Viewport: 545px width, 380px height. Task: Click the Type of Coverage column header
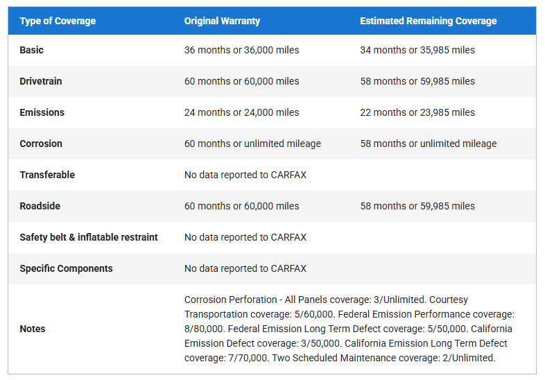click(58, 21)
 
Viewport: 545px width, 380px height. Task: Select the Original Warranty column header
click(222, 21)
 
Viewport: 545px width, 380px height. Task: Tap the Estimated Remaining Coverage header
click(428, 21)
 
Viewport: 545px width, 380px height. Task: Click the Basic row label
click(32, 50)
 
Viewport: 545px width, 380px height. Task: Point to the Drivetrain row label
click(41, 81)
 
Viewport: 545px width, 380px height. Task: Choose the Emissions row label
click(42, 112)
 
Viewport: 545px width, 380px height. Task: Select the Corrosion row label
click(41, 144)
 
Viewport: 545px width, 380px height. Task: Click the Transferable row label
click(47, 175)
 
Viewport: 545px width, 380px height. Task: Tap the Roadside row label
click(40, 206)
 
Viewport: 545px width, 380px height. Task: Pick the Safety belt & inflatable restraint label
click(89, 237)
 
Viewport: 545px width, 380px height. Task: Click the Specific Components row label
click(66, 268)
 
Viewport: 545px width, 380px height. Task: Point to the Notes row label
click(33, 329)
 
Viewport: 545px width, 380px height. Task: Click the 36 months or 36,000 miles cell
click(241, 50)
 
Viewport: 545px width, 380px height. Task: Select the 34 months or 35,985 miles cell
click(417, 50)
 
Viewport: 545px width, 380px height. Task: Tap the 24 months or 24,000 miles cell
click(241, 112)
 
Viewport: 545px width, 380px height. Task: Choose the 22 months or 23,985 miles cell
click(417, 112)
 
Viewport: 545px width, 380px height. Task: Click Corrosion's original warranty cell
click(252, 144)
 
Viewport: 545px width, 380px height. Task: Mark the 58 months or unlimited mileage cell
click(428, 144)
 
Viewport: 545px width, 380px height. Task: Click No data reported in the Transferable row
click(245, 175)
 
